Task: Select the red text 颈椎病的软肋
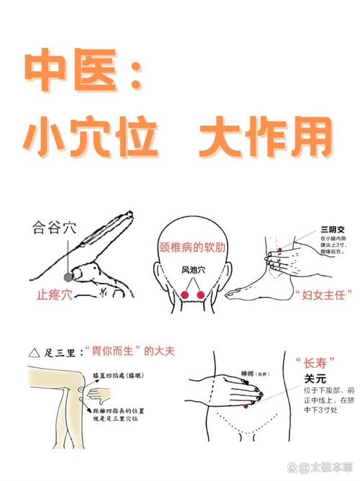pos(193,246)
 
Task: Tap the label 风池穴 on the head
pos(192,271)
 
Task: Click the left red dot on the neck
pos(184,295)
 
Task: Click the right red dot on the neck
pos(201,295)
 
